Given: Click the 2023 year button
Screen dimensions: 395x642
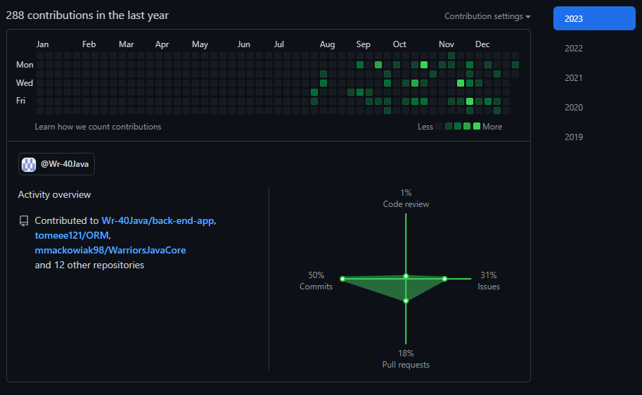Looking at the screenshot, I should pos(594,18).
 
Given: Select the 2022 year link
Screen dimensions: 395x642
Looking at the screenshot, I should pos(574,49).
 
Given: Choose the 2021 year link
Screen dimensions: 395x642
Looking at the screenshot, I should pos(574,78).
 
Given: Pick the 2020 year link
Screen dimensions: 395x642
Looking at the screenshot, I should pos(574,108).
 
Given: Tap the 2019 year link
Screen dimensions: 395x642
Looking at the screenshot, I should pos(574,137).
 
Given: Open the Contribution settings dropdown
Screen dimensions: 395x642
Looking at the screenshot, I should pos(487,16).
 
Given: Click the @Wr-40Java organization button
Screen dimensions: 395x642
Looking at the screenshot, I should pos(56,164).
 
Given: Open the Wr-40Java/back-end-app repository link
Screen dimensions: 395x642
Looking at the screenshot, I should pos(158,220).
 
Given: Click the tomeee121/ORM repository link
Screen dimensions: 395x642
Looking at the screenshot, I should pos(72,235).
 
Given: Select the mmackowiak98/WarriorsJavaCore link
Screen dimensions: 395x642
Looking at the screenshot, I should pos(110,250).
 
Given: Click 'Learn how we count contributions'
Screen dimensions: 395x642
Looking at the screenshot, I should pos(98,127).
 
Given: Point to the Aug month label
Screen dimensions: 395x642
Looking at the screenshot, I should pos(327,44).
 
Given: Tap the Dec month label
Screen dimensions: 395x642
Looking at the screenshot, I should pos(482,44).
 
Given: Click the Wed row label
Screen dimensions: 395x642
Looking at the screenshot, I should pos(25,83).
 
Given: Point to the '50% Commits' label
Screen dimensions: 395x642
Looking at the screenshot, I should pos(316,281).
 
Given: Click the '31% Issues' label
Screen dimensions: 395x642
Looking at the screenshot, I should pos(489,281).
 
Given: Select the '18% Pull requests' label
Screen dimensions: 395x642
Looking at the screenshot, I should pos(406,359).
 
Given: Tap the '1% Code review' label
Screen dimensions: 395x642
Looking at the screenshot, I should pos(406,199).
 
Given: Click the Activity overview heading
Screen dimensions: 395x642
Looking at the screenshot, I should pos(54,194).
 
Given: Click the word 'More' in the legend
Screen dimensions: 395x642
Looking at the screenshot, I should pos(492,127).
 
